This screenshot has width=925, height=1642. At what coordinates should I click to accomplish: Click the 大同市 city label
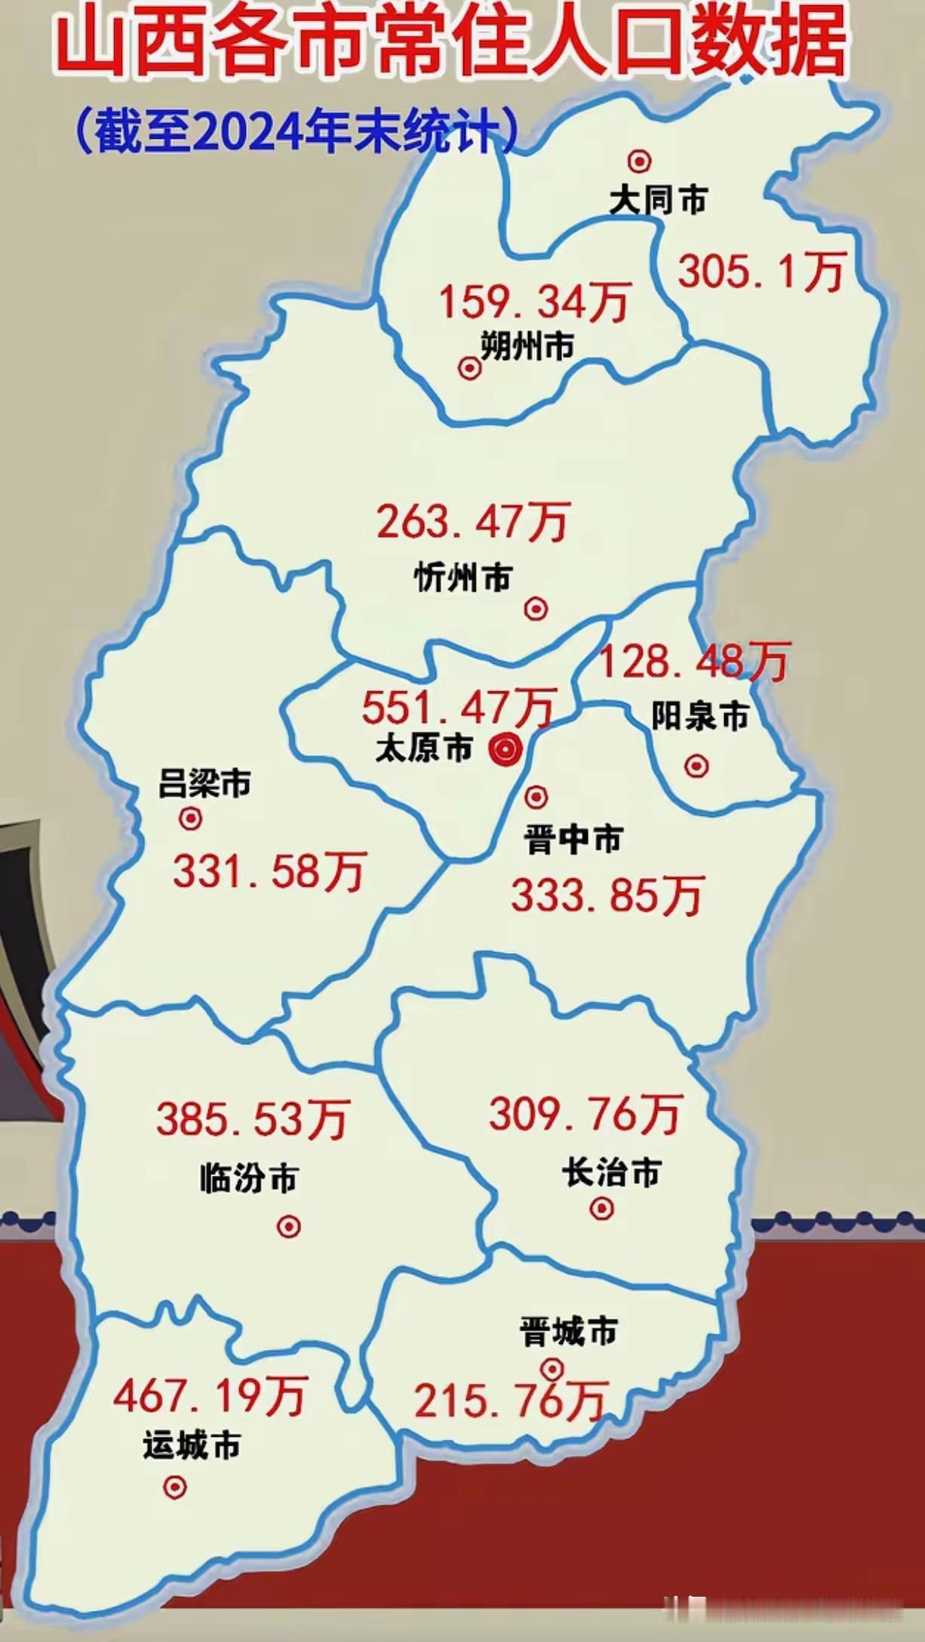point(659,201)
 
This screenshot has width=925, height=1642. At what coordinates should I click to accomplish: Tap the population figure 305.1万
point(761,272)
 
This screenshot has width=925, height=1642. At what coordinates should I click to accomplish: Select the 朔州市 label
point(527,346)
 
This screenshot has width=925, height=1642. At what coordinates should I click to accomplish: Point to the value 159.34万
point(534,302)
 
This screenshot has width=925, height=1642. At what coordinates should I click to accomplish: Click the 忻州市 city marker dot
point(536,608)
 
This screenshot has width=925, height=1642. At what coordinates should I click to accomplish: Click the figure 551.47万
point(459,707)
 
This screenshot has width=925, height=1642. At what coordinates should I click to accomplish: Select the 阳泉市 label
point(700,716)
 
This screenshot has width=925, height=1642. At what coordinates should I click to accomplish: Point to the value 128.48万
point(693,662)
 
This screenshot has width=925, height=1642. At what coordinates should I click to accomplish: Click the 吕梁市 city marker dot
point(190,819)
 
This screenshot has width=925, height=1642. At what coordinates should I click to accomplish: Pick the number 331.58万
point(269,871)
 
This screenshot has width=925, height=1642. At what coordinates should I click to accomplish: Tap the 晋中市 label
point(573,839)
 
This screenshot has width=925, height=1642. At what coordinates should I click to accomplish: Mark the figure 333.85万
point(607,896)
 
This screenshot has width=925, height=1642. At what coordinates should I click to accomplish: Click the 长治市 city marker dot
point(601,1209)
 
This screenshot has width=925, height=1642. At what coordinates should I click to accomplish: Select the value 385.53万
point(254,1118)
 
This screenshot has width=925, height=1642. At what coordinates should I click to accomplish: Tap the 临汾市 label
point(249,1179)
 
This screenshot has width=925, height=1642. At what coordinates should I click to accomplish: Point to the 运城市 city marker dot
point(175,1487)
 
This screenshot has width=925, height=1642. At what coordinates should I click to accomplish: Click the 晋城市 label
point(569,1332)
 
